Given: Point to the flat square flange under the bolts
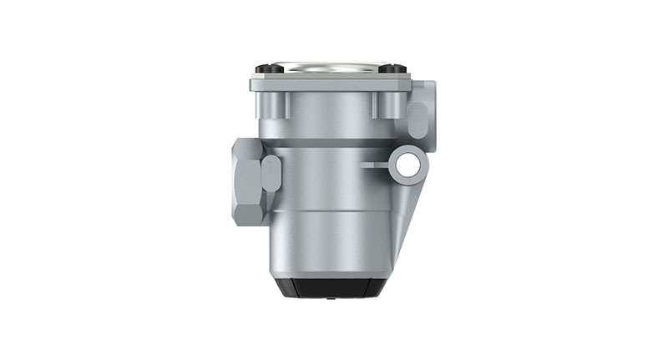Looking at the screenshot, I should coord(331,84).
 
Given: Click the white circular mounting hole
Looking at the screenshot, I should coord(407,165).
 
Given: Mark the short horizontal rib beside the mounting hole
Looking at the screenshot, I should coord(377,165).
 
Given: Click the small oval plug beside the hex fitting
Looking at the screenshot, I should coord(271,173).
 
